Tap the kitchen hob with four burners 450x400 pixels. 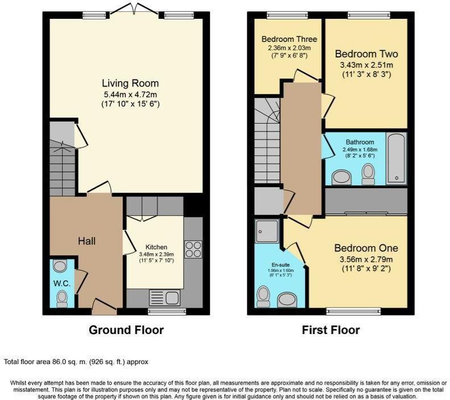[193, 249]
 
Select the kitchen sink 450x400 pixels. [164, 296]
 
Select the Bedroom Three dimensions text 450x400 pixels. [289, 52]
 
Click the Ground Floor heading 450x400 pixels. [126, 330]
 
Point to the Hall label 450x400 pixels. [86, 241]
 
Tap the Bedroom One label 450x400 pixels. [365, 249]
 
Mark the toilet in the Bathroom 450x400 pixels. [369, 174]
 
